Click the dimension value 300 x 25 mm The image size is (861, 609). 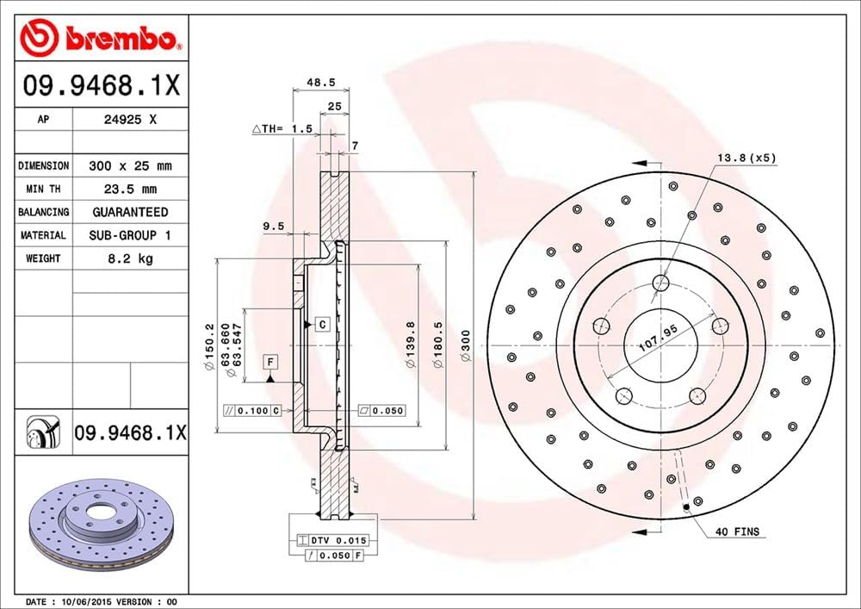click(130, 165)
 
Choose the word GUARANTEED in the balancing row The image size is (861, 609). click(130, 212)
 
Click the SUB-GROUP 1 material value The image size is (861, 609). click(130, 235)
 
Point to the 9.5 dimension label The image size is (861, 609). click(273, 226)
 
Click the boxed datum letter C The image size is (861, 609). click(321, 325)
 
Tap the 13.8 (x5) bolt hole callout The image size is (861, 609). click(746, 158)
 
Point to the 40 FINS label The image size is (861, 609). click(737, 531)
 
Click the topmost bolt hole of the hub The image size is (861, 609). click(661, 282)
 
